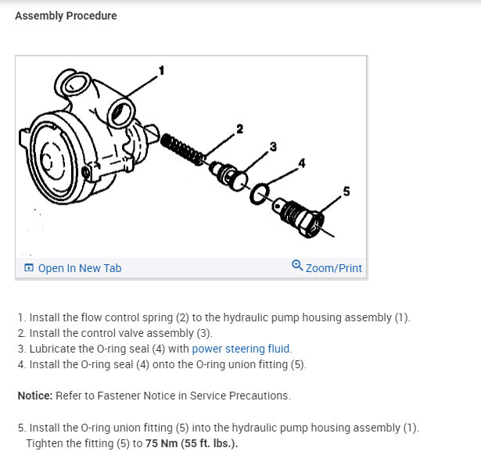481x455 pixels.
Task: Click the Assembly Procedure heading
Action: tap(66, 16)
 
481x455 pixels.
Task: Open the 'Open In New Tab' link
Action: tap(79, 268)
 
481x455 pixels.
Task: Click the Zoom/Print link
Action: tap(333, 268)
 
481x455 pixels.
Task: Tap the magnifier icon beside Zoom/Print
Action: tap(297, 267)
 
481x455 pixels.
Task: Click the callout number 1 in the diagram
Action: tap(162, 71)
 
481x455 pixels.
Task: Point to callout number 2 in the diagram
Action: tap(240, 129)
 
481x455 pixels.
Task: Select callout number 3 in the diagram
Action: tap(273, 146)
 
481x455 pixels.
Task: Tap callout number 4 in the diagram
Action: tap(301, 163)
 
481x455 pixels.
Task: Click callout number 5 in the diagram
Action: tap(346, 190)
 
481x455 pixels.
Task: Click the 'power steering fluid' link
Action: tap(241, 349)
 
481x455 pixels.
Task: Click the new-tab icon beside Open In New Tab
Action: tap(29, 268)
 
